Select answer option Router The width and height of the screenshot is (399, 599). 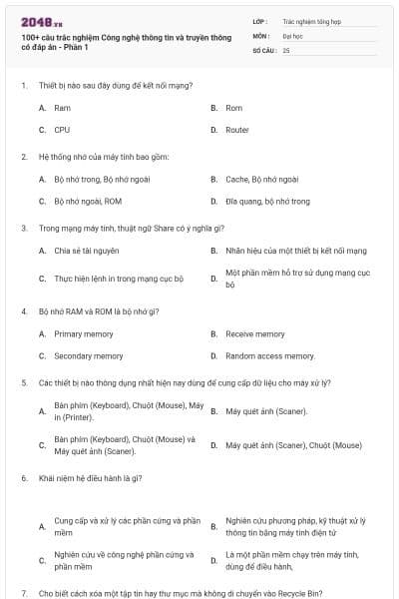[x=237, y=130]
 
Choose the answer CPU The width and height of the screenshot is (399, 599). [x=62, y=130]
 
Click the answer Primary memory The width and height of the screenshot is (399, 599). [x=83, y=333]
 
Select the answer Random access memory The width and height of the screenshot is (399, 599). [x=269, y=355]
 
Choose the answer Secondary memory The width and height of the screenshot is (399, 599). [x=89, y=355]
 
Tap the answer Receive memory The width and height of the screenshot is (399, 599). [x=254, y=333]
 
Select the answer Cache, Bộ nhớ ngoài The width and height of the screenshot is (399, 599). [x=261, y=179]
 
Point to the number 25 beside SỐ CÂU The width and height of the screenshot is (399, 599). [x=286, y=49]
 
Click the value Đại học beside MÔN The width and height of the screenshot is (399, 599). [x=292, y=34]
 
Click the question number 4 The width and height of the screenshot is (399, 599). [x=23, y=310]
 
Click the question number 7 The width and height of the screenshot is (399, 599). [x=23, y=593]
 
